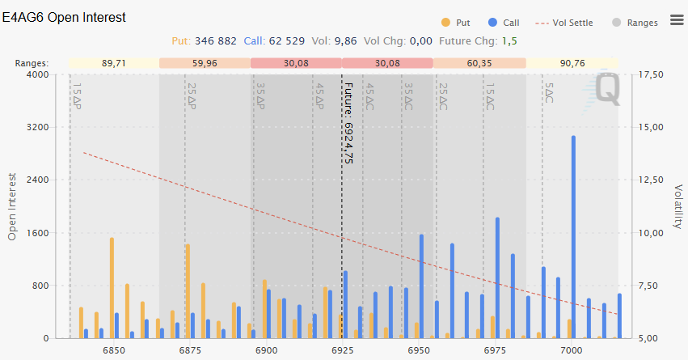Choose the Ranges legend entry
[x=642, y=23]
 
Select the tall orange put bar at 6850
[x=112, y=287]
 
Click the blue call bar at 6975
[x=497, y=277]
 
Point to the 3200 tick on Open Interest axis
[x=37, y=128]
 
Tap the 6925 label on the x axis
[x=342, y=350]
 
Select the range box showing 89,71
[x=113, y=63]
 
